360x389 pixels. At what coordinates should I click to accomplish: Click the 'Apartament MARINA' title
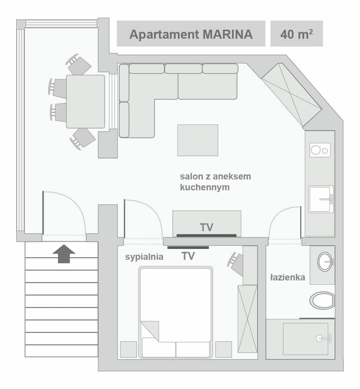[x=191, y=34]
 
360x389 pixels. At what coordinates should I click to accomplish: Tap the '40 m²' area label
[x=296, y=34]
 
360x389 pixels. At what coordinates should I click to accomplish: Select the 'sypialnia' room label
[x=144, y=257]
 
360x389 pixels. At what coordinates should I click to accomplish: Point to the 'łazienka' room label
[x=288, y=278]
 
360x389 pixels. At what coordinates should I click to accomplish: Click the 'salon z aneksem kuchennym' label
[x=215, y=182]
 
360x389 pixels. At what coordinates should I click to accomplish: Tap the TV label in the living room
[x=207, y=228]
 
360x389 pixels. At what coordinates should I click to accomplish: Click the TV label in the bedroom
[x=188, y=256]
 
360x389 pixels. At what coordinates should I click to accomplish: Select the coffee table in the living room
[x=198, y=140]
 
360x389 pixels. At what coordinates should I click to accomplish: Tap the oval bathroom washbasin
[x=325, y=262]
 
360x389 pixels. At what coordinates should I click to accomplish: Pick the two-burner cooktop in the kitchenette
[x=320, y=149]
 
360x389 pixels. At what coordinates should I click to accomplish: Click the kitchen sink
[x=321, y=199]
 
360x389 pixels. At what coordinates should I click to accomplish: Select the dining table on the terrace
[x=85, y=101]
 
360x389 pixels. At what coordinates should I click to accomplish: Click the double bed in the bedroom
[x=176, y=311]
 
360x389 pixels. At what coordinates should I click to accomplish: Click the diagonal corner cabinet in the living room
[x=291, y=95]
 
